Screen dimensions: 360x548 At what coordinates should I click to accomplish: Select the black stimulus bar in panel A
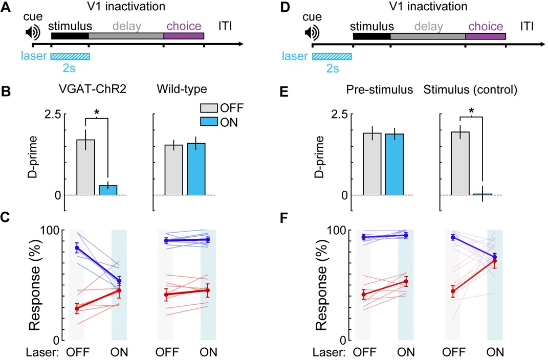(x=70, y=36)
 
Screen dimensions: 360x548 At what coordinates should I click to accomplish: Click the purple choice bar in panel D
(x=485, y=36)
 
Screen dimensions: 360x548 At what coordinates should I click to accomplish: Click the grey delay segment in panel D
(x=427, y=36)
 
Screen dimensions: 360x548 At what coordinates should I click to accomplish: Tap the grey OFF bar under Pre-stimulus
(x=372, y=164)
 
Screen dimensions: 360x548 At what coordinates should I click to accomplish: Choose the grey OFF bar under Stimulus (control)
(x=460, y=163)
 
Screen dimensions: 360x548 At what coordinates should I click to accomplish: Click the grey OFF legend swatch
(x=208, y=108)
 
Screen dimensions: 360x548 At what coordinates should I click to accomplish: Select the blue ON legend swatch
(x=208, y=123)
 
